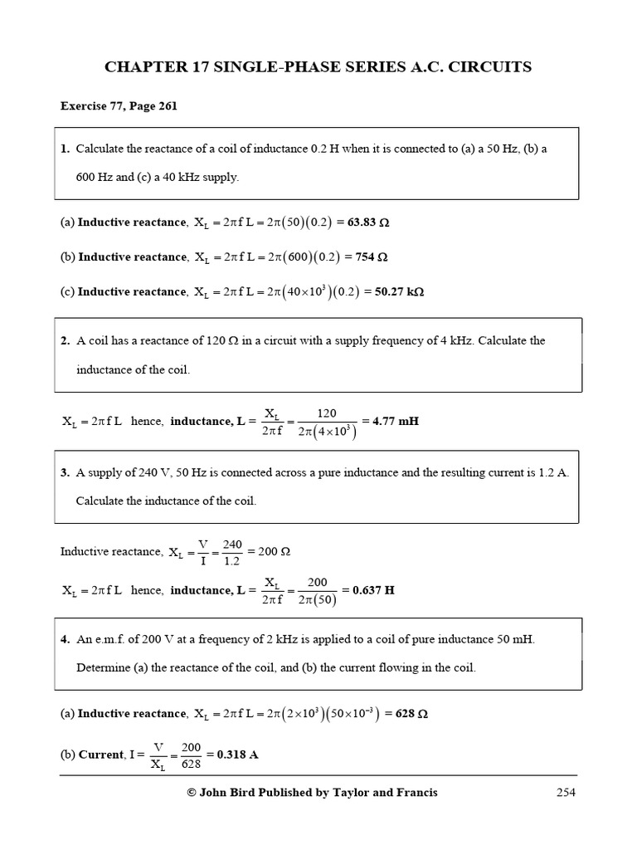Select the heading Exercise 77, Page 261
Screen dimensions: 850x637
(119, 106)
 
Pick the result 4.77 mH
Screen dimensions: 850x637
(396, 421)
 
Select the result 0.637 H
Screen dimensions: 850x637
(373, 590)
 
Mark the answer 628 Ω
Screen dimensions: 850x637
(410, 714)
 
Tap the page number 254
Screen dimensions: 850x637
(566, 793)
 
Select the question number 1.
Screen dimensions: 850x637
(65, 149)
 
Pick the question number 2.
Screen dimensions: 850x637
(65, 340)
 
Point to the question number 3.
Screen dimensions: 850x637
(65, 472)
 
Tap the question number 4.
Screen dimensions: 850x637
(65, 639)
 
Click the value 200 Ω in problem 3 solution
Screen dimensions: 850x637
(275, 552)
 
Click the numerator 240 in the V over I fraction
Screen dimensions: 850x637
(232, 545)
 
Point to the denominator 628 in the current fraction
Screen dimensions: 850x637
(192, 765)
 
